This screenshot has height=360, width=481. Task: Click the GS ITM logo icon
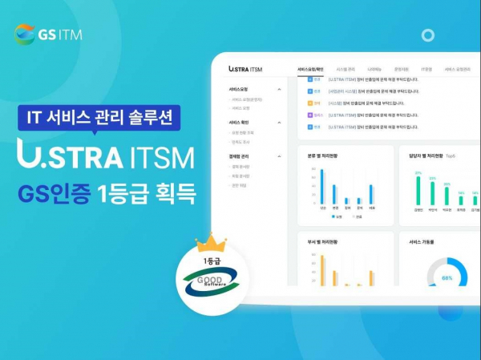click(25, 34)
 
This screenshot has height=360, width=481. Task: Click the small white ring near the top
click(427, 35)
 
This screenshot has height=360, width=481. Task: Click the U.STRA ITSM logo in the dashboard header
click(245, 69)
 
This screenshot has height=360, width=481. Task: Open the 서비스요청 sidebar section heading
click(239, 89)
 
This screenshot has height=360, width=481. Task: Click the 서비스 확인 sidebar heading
click(240, 122)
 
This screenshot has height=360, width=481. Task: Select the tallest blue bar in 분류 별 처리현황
click(322, 187)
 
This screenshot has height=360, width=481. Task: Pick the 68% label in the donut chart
click(447, 278)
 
